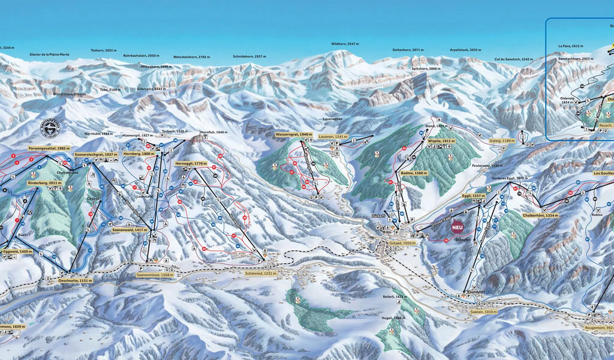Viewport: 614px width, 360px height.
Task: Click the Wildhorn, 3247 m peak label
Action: coord(345,44)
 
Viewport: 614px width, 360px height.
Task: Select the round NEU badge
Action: coord(458,228)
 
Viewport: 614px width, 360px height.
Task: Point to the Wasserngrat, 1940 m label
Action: coord(294,134)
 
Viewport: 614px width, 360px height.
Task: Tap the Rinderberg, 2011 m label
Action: coord(41,182)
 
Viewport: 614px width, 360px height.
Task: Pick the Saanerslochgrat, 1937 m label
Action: coord(95,154)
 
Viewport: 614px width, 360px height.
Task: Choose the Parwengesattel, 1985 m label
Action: coord(49,148)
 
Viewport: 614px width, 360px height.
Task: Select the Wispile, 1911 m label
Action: coord(441,140)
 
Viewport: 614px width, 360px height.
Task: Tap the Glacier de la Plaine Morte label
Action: coord(49,55)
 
